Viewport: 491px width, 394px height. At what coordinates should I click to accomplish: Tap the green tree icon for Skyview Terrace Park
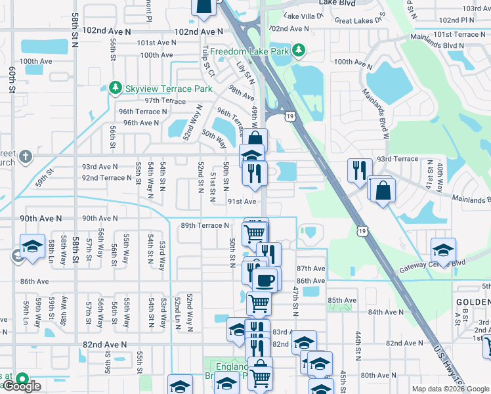click(116, 88)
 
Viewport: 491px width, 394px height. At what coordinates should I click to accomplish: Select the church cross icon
click(25, 156)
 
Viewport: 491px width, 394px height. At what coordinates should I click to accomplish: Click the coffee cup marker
click(265, 280)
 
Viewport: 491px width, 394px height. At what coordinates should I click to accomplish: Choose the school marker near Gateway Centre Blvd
click(443, 250)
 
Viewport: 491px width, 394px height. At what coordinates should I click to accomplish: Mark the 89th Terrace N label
click(205, 225)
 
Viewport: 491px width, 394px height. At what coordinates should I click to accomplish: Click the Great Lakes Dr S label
click(360, 21)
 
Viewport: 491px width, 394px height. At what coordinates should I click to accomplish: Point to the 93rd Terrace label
click(397, 159)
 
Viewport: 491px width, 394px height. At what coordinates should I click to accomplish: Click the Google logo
click(21, 386)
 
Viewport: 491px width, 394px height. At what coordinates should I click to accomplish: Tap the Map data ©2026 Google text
click(450, 389)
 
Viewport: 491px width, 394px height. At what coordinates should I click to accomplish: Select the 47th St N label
click(295, 301)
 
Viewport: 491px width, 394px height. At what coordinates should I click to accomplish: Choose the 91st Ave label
click(242, 202)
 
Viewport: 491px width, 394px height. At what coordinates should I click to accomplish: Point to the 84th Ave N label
click(386, 312)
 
